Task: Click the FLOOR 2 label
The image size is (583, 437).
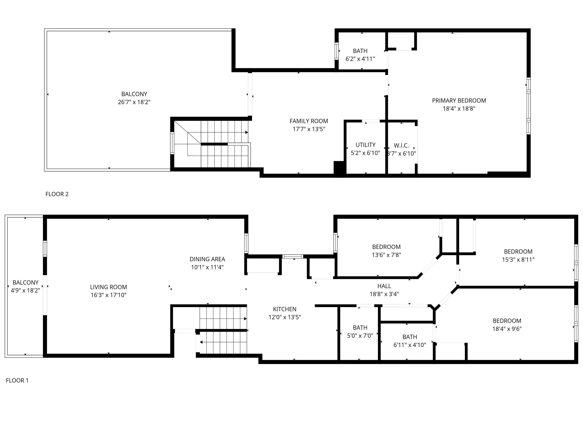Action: coord(57,194)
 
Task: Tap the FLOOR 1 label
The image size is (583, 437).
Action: coord(17,380)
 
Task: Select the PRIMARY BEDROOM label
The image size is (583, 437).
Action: coord(459,101)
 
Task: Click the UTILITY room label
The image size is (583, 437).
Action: coord(365,145)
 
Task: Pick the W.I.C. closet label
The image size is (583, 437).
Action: coord(401,145)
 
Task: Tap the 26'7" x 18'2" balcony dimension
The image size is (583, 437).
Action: coord(134,102)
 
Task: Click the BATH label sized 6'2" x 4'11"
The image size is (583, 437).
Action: coord(360,51)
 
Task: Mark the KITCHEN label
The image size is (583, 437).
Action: coord(285,309)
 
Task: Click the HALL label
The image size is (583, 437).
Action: coord(384,286)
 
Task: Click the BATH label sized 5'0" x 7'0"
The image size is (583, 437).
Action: coord(360,328)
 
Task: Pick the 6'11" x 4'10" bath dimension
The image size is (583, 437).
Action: coord(410,345)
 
